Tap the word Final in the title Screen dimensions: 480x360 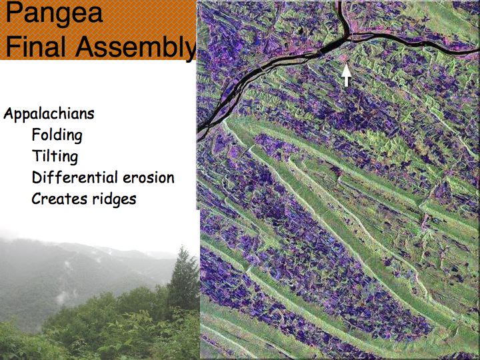pos(35,47)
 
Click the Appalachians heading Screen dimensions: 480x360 pos(49,115)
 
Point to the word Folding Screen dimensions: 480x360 pos(57,135)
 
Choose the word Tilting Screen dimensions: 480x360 pos(55,156)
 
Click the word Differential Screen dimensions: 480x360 pos(75,177)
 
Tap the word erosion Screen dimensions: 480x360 pos(149,178)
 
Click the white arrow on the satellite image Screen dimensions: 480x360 pos(346,75)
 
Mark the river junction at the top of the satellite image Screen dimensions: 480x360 pos(349,37)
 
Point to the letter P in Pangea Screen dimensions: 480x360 pos(14,13)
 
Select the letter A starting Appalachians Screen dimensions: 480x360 pos(9,113)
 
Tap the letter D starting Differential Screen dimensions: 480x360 pos(37,177)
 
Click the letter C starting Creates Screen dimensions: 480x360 pos(37,199)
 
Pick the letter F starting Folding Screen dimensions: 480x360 pos(36,135)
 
